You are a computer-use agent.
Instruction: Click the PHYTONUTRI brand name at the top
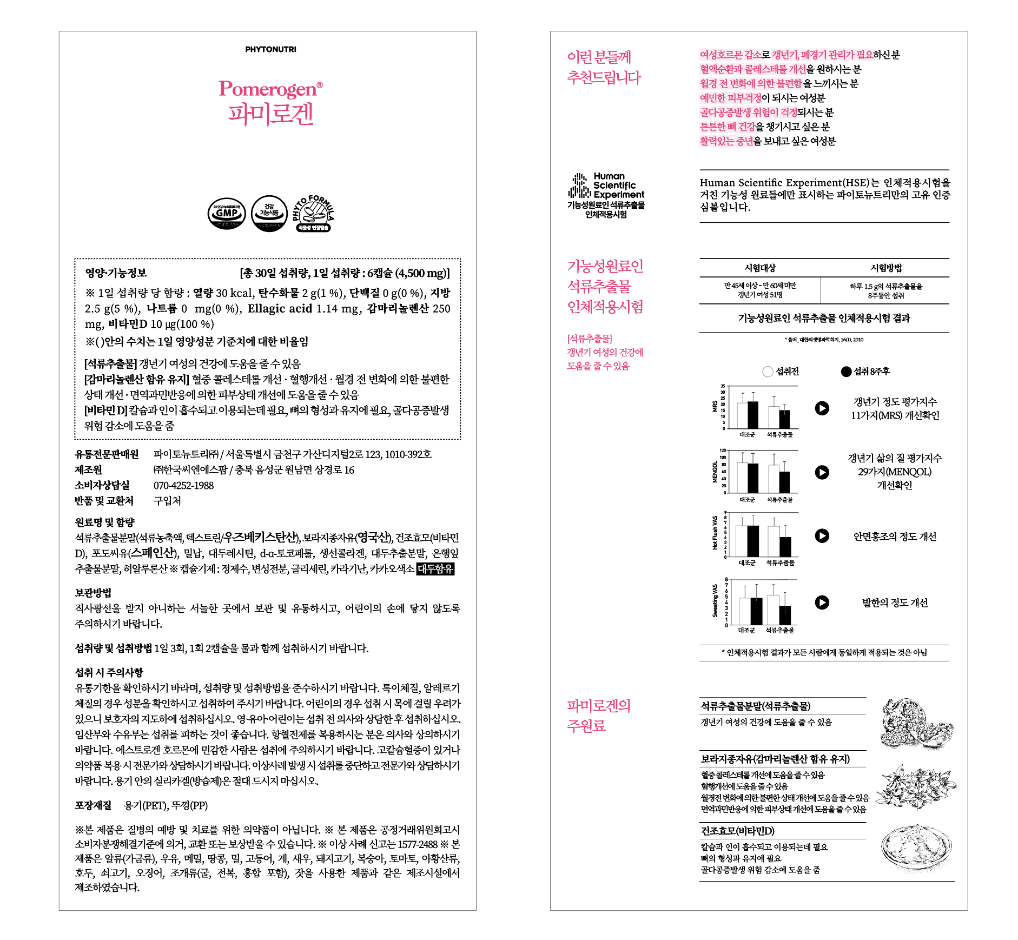point(270,49)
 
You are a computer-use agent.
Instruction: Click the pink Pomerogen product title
point(270,89)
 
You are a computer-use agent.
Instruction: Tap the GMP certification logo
point(227,213)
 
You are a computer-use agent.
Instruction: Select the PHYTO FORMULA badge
point(313,214)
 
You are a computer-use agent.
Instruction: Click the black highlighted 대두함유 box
point(435,569)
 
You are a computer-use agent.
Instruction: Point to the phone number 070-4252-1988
point(183,485)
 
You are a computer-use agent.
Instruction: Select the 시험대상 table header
point(759,268)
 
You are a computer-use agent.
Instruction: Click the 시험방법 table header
point(885,268)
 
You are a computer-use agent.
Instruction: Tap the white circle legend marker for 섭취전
point(768,372)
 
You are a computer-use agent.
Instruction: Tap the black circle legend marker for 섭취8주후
point(846,372)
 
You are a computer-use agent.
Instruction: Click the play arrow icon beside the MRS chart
point(822,408)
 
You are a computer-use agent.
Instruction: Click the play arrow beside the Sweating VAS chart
point(822,603)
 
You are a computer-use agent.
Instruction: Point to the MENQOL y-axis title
point(715,472)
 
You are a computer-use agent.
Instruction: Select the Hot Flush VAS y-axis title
point(715,533)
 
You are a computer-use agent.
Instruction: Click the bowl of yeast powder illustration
point(915,848)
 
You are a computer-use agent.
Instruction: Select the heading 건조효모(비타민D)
point(737,831)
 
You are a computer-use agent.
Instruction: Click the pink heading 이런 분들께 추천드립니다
point(603,67)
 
